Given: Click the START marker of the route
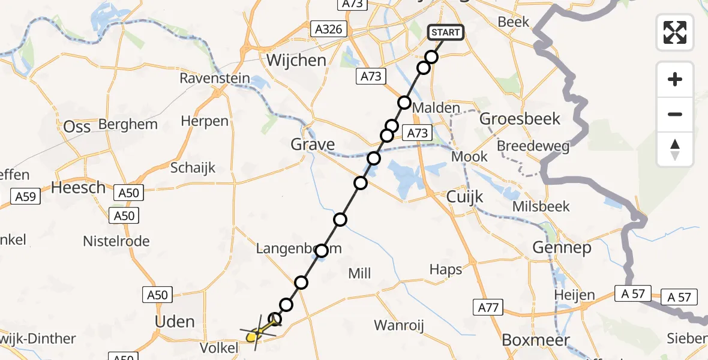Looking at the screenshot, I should click(446, 32).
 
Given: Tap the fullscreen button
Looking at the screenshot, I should click(675, 32).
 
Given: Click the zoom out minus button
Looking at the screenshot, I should click(675, 114).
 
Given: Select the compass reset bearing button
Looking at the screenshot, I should click(675, 149).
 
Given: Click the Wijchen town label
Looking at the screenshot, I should click(296, 60).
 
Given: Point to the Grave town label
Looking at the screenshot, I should click(312, 145).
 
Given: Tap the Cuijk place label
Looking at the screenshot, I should click(465, 197).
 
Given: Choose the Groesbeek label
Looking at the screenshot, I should click(520, 118).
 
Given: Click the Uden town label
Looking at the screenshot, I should click(175, 322).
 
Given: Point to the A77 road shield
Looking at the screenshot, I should click(487, 308).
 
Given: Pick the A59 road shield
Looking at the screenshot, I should click(25, 196).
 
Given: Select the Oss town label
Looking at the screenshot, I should click(77, 126).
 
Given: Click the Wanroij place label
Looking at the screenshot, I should click(399, 326).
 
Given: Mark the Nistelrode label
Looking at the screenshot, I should click(117, 241).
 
